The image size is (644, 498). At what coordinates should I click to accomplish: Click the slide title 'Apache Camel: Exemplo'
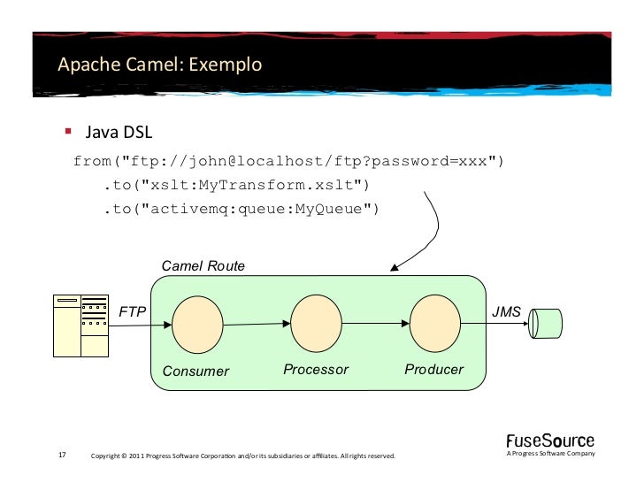pos(159,65)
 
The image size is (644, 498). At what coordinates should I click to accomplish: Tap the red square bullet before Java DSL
pos(67,132)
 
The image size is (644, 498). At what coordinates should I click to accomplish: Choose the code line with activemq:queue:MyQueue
pos(241,210)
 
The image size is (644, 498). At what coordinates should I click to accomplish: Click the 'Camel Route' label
pos(203,266)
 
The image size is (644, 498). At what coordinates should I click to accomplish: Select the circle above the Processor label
pos(316,322)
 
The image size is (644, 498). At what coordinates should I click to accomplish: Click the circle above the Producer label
pos(434,322)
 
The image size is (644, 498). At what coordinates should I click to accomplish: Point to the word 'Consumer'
pos(195,371)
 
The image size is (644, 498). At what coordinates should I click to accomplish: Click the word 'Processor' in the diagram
pos(316,369)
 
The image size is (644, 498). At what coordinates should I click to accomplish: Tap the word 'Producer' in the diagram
pos(433,369)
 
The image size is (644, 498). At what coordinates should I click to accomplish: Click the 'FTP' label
pos(133,312)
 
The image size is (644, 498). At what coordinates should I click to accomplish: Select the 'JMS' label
pos(506,311)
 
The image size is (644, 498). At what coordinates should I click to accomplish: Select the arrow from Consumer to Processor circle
pos(257,324)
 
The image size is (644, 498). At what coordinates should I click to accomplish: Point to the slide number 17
pos(62,456)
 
